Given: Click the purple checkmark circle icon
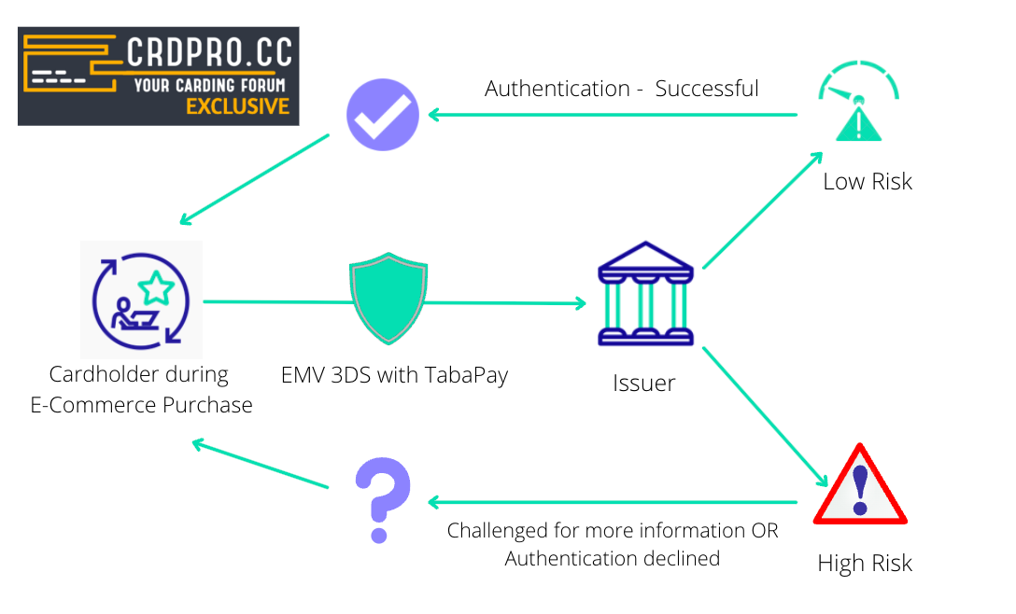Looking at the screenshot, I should click(x=381, y=115).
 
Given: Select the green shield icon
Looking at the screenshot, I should click(x=388, y=298).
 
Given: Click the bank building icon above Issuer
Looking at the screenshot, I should click(x=644, y=294).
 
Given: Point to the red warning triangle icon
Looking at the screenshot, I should click(x=860, y=486).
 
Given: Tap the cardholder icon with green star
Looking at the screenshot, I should click(x=141, y=300).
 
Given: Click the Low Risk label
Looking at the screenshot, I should click(x=867, y=182).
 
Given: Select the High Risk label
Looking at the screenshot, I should click(x=864, y=564).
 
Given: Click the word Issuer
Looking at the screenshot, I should click(x=643, y=383).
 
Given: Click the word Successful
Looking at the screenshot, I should click(x=707, y=89).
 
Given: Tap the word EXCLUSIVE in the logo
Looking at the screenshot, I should click(x=237, y=106).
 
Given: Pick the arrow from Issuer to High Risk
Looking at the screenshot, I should click(x=764, y=415).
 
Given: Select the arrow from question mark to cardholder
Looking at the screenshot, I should click(x=261, y=465).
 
